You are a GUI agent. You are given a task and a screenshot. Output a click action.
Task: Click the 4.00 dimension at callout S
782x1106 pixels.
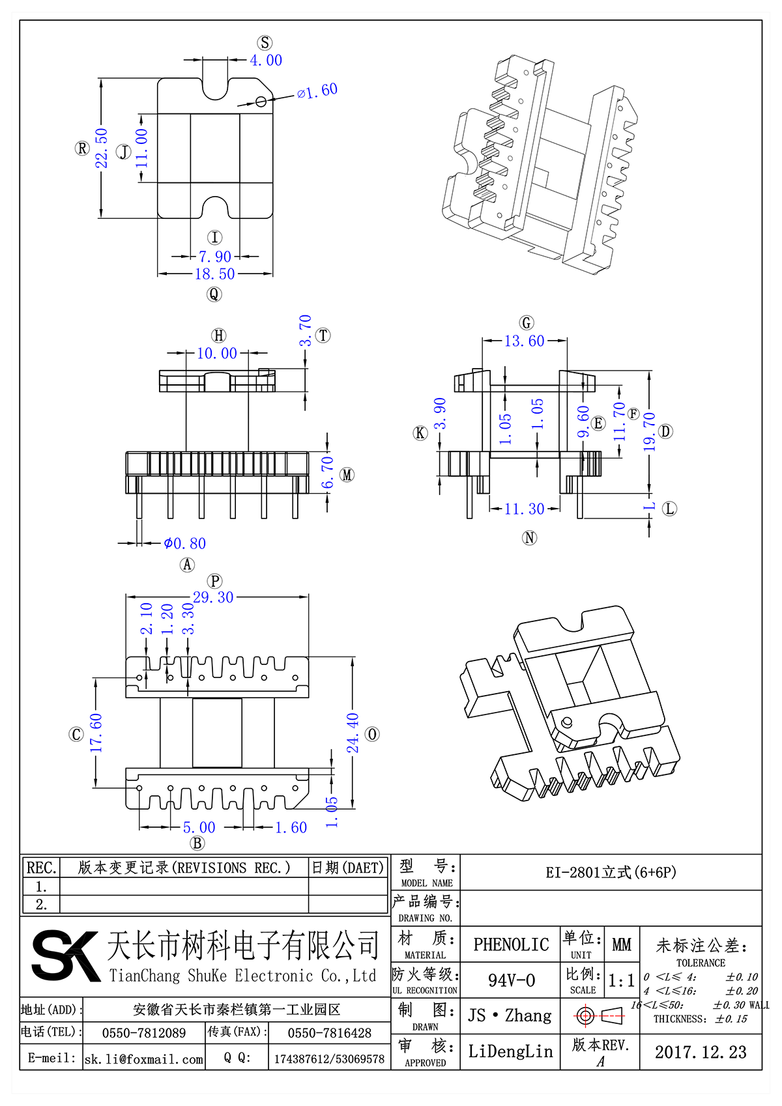click(x=266, y=61)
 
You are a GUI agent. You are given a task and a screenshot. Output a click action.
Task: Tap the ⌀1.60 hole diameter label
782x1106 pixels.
click(x=317, y=91)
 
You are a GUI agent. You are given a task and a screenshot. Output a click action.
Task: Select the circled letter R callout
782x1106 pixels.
click(x=82, y=149)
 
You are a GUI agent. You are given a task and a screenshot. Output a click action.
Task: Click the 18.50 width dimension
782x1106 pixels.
click(x=214, y=274)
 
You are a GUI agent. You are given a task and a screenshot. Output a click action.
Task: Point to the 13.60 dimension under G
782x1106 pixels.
click(x=524, y=341)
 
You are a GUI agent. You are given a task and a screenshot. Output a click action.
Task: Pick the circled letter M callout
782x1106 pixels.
click(x=347, y=475)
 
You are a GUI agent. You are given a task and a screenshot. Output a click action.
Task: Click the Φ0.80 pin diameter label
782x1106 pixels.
click(x=184, y=543)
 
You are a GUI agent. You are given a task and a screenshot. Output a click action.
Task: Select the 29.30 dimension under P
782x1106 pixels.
click(x=213, y=597)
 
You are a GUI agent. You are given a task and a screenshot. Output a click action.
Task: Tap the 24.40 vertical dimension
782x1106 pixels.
click(x=353, y=733)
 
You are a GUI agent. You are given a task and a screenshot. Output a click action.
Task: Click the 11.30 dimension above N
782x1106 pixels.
click(x=524, y=509)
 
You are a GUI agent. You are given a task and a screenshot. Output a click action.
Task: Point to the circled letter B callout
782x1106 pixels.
click(x=197, y=843)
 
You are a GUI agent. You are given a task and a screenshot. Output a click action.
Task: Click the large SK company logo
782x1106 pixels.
click(x=65, y=955)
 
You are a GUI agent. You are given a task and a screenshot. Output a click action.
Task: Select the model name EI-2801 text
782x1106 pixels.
click(x=611, y=872)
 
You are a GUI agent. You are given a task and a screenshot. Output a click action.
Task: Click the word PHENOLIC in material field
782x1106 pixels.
click(x=511, y=944)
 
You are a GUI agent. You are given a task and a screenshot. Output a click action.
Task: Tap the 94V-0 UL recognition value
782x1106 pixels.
click(x=512, y=980)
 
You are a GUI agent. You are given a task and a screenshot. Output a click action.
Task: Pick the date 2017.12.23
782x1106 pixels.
click(x=701, y=1052)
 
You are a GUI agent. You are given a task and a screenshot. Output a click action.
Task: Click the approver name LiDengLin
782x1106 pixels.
click(x=510, y=1051)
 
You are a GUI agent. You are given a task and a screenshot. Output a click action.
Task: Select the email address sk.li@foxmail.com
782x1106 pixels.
click(x=144, y=1059)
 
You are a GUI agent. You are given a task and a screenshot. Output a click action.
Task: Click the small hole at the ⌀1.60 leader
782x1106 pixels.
click(x=261, y=101)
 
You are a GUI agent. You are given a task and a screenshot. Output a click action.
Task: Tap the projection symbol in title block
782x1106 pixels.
click(x=600, y=1015)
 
